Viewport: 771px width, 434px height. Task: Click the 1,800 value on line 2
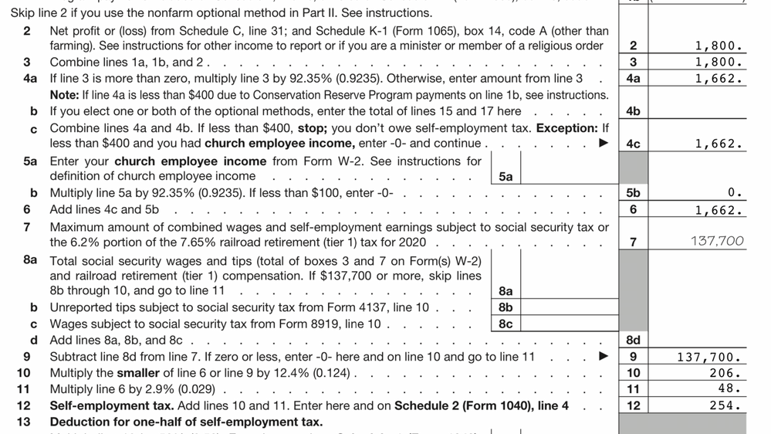[x=719, y=46]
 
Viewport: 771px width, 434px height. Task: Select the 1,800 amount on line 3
[x=719, y=62]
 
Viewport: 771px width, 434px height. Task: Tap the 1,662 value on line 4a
[x=719, y=78]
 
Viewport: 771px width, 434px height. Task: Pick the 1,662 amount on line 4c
[x=719, y=144]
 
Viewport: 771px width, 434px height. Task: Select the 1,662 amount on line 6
[x=719, y=209]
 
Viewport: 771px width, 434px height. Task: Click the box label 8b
[x=506, y=307]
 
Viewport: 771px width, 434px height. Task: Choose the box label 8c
[x=506, y=324]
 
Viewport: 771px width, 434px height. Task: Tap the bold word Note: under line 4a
[x=64, y=95]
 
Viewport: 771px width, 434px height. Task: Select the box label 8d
[x=634, y=341]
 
